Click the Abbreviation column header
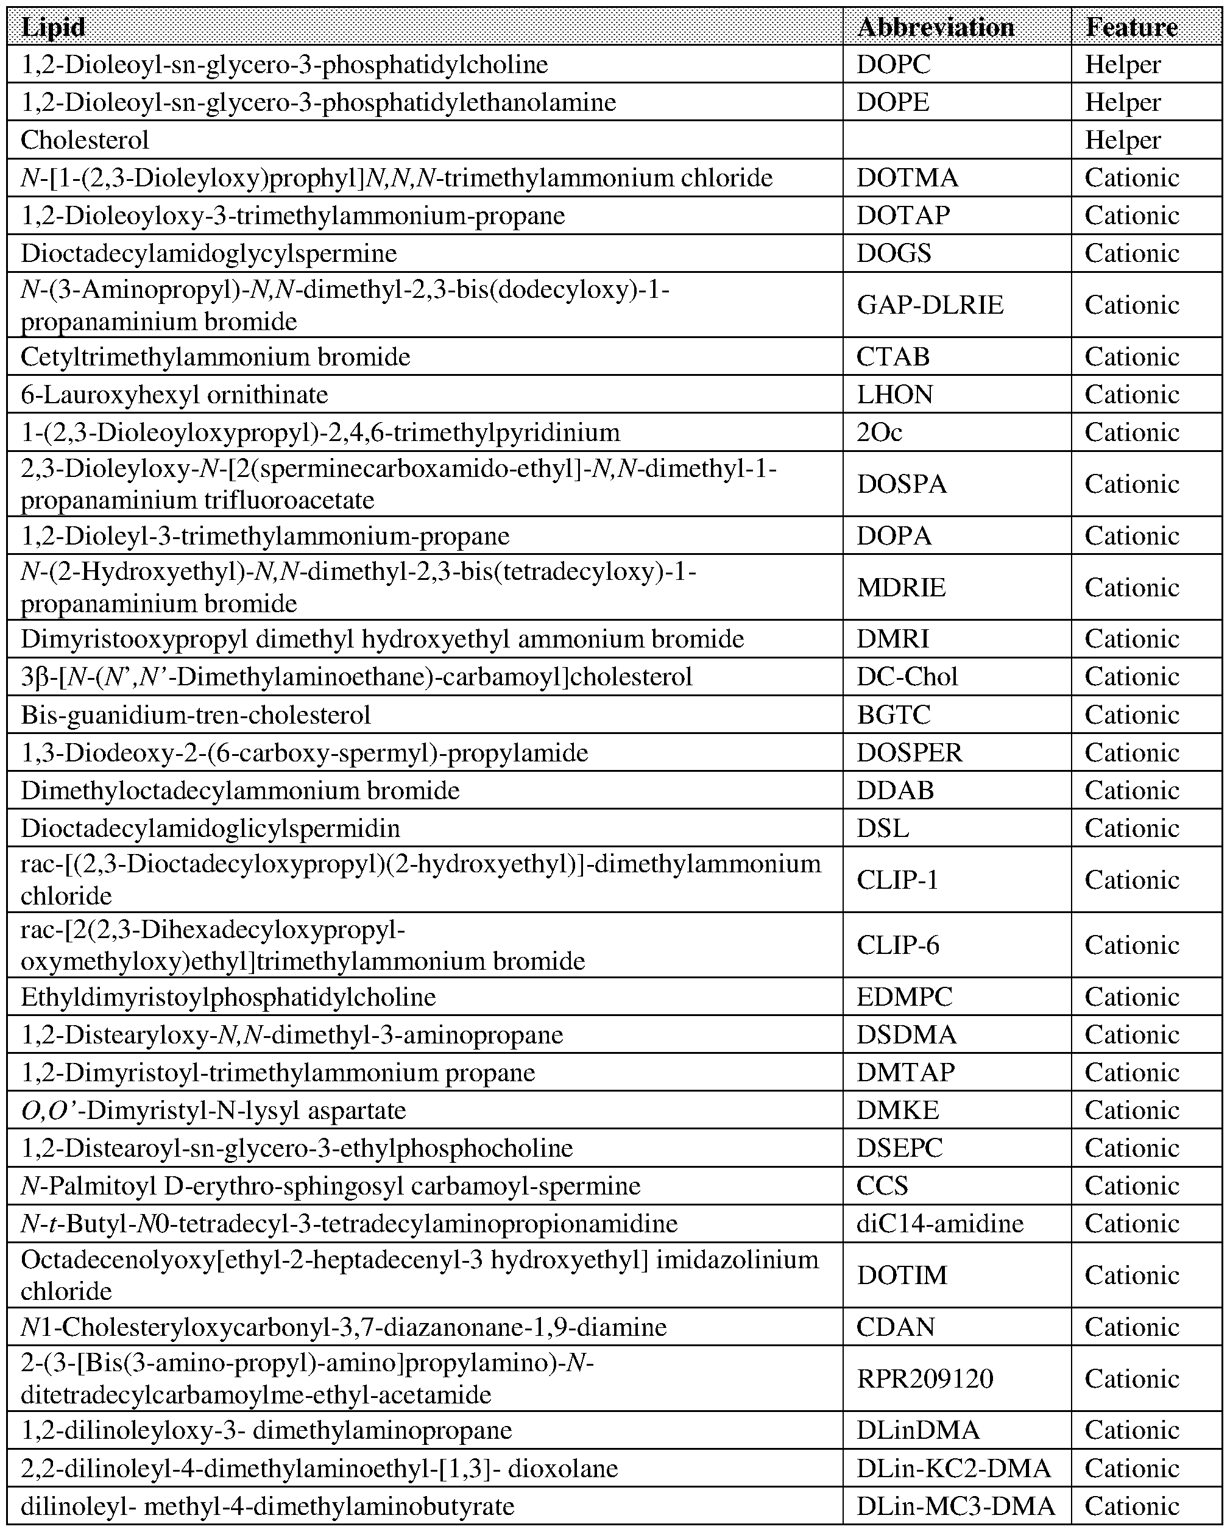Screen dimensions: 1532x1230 pos(936,27)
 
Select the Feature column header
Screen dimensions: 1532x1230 pos(1131,27)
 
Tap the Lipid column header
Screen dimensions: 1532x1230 pos(53,27)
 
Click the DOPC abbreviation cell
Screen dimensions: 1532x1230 pos(893,65)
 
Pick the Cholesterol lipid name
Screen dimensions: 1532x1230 pos(85,140)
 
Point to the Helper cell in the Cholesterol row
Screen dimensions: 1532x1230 pos(1123,140)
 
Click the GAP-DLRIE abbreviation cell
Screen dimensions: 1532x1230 pos(930,305)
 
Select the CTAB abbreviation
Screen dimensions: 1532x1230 pos(892,357)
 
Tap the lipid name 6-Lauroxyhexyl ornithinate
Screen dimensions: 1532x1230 pos(174,394)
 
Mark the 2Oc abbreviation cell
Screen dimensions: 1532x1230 pos(879,432)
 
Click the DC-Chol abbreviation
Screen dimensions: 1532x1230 pos(907,677)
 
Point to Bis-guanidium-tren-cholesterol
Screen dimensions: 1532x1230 pos(196,714)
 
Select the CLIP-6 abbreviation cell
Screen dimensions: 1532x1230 pos(897,945)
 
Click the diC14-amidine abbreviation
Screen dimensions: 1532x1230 pos(939,1224)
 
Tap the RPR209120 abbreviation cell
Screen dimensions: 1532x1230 pos(925,1378)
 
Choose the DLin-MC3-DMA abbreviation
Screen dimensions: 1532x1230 pos(956,1506)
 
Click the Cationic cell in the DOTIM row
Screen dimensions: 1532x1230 pos(1132,1276)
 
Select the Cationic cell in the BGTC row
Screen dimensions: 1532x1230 pos(1132,714)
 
